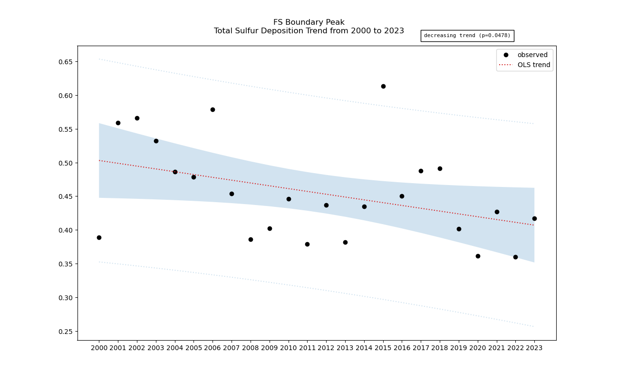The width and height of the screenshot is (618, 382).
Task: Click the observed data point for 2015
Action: click(383, 86)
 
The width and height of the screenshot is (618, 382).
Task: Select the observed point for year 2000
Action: click(99, 237)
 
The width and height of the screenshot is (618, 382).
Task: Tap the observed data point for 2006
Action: click(212, 109)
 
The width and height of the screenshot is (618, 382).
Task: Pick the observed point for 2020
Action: click(478, 256)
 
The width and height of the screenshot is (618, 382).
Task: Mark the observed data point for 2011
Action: click(307, 244)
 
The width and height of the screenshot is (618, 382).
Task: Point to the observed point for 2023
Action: click(534, 218)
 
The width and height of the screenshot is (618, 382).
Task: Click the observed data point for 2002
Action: click(137, 118)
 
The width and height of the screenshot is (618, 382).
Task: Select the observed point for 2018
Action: click(440, 168)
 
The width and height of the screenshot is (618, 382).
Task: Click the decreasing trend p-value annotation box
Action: click(467, 36)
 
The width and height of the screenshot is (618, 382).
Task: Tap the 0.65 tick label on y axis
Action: click(66, 62)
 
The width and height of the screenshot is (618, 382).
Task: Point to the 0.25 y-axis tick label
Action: click(66, 332)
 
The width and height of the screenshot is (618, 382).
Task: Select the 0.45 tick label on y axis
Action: click(66, 196)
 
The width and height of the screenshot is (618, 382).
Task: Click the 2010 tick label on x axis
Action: click(289, 348)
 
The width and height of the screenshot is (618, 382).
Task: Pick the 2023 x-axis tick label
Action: click(534, 348)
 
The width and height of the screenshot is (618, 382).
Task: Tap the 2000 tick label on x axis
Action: click(99, 348)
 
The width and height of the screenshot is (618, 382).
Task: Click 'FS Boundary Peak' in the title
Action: click(309, 22)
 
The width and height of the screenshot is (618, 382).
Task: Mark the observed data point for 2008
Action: click(251, 239)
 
